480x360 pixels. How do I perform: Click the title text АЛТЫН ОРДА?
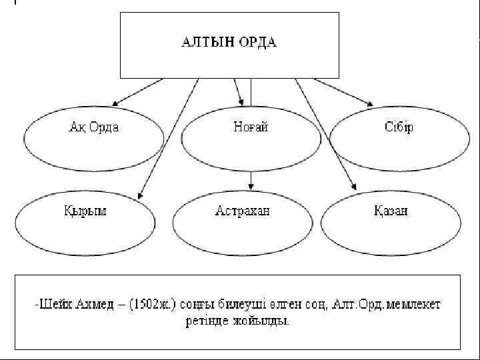(x=229, y=43)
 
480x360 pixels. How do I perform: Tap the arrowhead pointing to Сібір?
(x=370, y=103)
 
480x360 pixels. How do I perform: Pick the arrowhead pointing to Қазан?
(x=353, y=194)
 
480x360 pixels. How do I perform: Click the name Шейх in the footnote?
(x=53, y=305)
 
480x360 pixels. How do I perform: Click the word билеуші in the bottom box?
(x=239, y=305)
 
